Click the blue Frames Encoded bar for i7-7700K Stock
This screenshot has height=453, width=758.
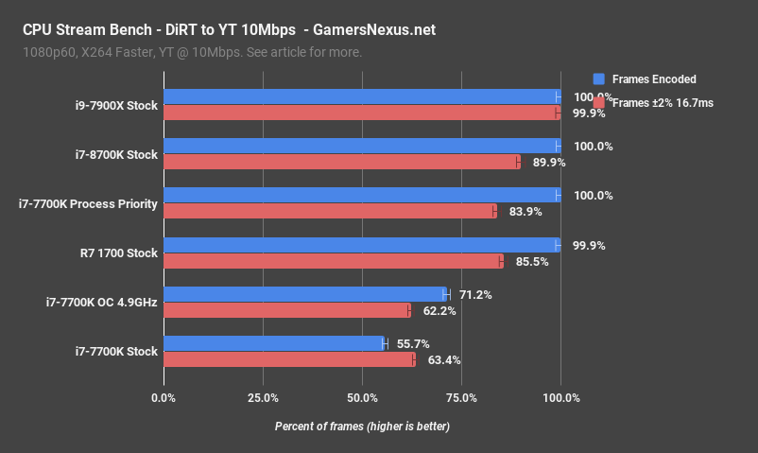point(275,343)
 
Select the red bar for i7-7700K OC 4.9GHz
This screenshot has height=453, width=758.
point(287,310)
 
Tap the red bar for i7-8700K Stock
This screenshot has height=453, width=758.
point(341,162)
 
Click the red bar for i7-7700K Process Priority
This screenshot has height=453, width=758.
point(330,211)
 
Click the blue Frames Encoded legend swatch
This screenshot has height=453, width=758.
point(598,79)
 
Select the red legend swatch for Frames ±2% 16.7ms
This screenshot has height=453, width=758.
point(598,104)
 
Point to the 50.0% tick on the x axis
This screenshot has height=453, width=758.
point(362,397)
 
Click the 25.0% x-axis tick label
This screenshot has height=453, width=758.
point(263,397)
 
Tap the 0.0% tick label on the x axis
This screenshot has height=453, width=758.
point(164,397)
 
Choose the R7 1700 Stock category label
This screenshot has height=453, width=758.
point(119,253)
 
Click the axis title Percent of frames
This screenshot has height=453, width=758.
point(362,427)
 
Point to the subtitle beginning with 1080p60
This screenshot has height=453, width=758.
point(194,52)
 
